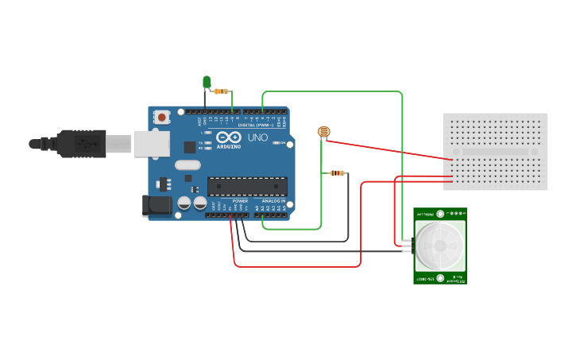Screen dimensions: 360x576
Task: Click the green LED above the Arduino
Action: point(207,81)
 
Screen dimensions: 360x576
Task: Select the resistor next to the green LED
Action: point(222,91)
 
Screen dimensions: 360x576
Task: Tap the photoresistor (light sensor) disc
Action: point(323,132)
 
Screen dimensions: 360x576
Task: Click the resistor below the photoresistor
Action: point(338,172)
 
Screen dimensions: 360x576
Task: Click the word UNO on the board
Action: point(258,138)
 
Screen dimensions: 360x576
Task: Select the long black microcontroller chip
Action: point(247,186)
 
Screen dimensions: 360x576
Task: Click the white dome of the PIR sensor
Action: point(439,245)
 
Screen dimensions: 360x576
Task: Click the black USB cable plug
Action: point(79,143)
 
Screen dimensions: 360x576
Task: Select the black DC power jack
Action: point(156,206)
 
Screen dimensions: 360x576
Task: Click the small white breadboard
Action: point(495,151)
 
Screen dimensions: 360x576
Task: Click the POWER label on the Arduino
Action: point(240,202)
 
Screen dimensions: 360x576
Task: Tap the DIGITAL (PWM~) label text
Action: point(256,125)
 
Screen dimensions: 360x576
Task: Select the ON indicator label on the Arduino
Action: point(281,142)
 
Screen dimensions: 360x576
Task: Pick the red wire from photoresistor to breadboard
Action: point(389,150)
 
